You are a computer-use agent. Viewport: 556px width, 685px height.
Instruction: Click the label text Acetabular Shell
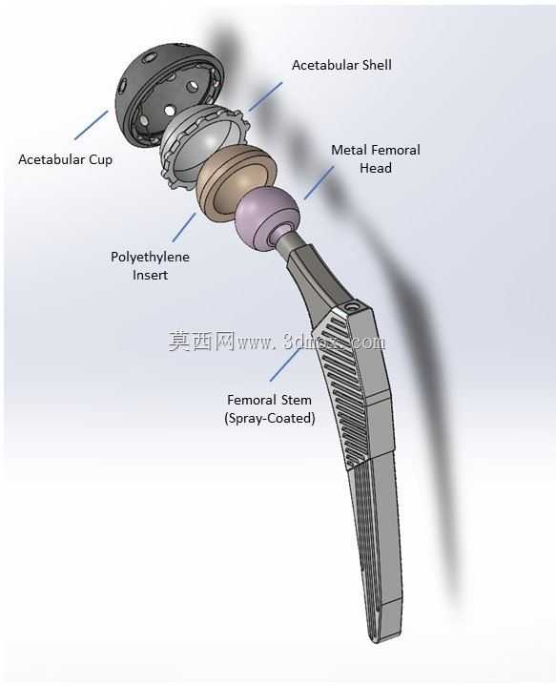coord(341,65)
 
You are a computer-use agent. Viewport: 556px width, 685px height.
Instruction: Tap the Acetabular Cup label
coord(66,159)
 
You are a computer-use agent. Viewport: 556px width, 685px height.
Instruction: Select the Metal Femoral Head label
coord(376,159)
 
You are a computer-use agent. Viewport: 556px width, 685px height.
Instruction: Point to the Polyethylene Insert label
coord(150,265)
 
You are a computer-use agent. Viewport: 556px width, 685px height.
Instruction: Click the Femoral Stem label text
coord(270,400)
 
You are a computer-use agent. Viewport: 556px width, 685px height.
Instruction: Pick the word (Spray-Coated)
coord(270,419)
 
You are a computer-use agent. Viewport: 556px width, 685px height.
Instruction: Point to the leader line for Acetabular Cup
coord(92,125)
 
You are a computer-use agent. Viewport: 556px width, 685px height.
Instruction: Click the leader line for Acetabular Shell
coord(265,96)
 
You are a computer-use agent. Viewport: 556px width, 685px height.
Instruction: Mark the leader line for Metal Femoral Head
coord(319,182)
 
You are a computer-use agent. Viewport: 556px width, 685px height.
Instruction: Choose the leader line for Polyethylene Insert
coord(184,227)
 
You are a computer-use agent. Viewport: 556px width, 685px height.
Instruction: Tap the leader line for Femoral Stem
coord(286,363)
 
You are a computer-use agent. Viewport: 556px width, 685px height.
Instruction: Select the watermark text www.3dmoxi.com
coord(311,342)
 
